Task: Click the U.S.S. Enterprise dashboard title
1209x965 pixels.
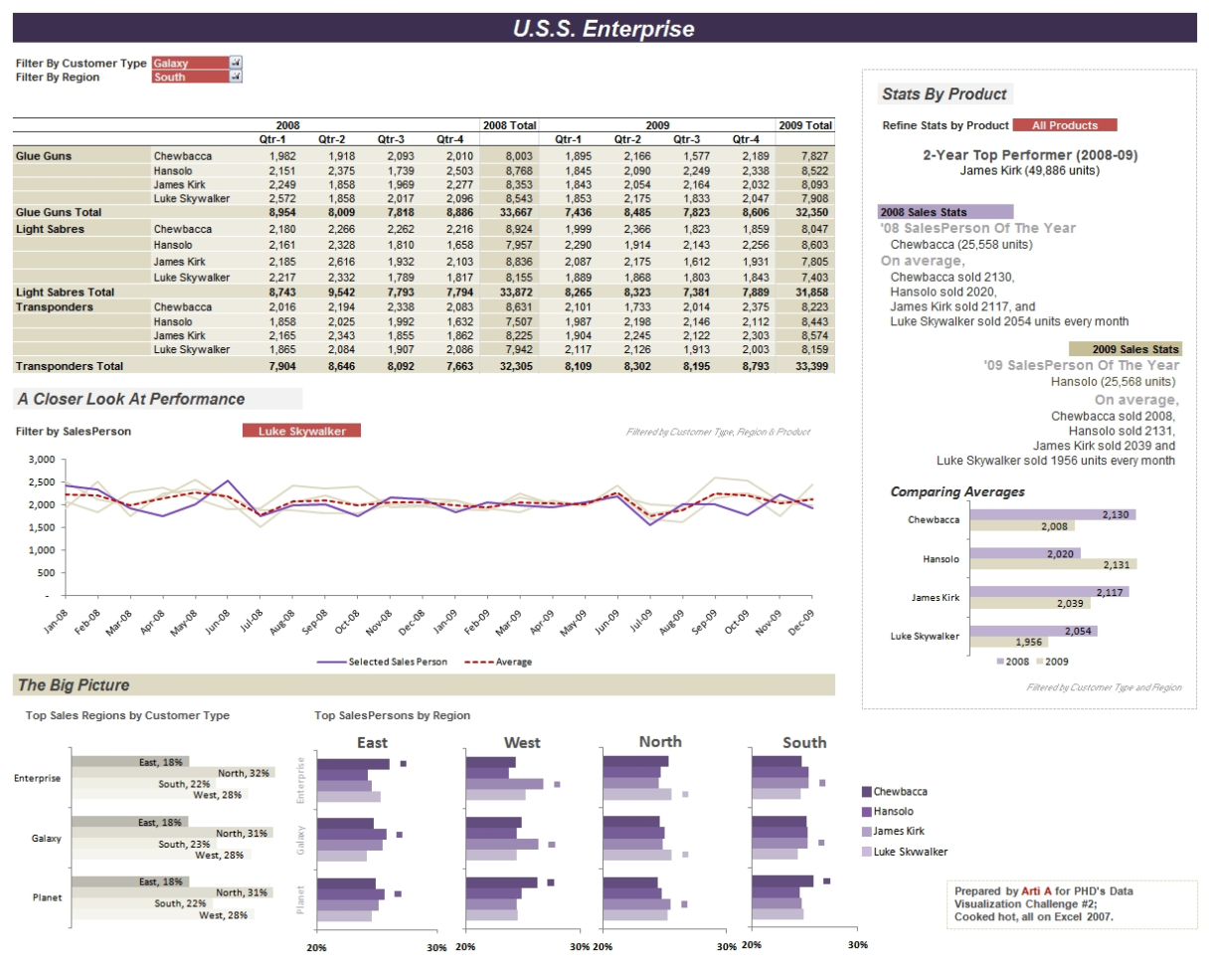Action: tap(604, 29)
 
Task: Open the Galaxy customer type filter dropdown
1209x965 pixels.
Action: tap(236, 63)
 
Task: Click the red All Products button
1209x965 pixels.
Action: tap(1064, 125)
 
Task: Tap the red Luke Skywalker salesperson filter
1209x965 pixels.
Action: tap(301, 431)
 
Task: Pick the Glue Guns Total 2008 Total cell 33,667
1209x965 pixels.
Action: tap(508, 212)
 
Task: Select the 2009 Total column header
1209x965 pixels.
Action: tap(804, 125)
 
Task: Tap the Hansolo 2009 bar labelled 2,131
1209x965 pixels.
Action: tap(1053, 564)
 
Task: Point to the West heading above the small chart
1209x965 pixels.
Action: tap(522, 742)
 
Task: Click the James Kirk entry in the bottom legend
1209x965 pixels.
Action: tap(898, 831)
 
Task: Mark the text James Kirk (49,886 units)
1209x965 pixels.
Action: tap(1029, 170)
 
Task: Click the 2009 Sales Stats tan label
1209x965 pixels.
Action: tap(1124, 349)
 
